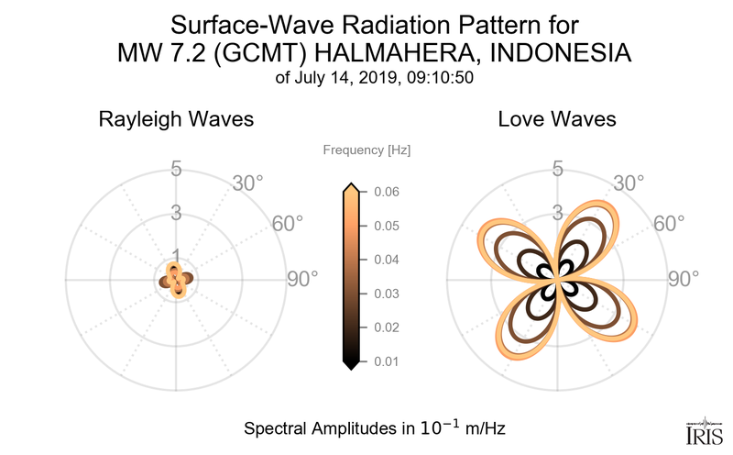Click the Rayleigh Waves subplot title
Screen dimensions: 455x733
176,120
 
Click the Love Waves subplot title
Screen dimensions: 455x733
557,120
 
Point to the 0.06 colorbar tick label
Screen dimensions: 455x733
386,192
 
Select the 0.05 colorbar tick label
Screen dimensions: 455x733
386,226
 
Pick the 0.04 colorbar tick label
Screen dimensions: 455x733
386,260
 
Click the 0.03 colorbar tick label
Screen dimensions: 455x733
386,294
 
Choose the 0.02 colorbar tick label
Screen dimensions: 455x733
386,327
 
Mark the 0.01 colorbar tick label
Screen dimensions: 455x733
386,361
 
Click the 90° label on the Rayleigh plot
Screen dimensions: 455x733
299,279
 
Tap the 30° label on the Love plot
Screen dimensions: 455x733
629,183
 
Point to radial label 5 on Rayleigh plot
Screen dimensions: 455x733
175,169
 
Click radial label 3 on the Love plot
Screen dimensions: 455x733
557,213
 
